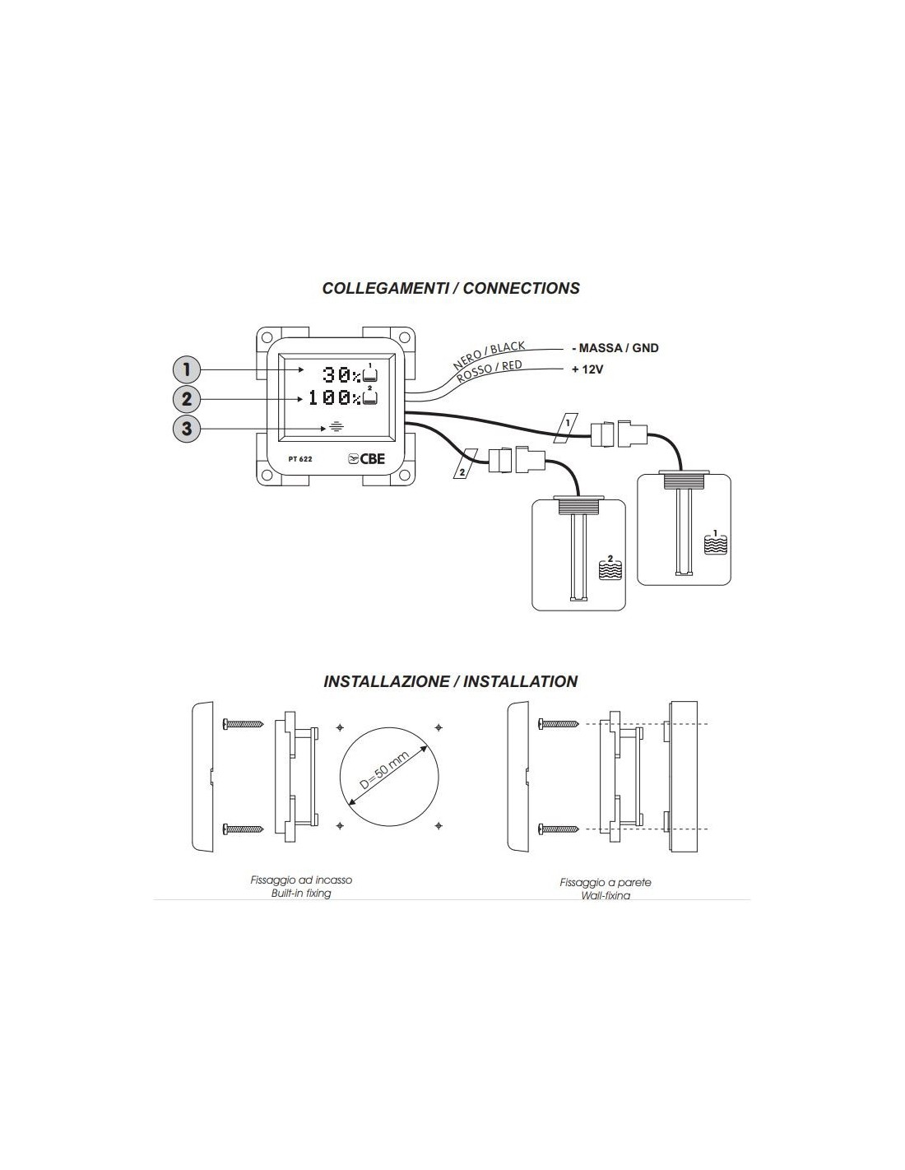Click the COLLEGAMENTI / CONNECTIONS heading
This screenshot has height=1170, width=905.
point(451,288)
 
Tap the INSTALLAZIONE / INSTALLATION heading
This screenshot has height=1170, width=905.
point(451,681)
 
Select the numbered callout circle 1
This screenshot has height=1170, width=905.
point(188,369)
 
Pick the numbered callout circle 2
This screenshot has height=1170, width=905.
point(188,399)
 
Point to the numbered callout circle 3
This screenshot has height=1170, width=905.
point(188,429)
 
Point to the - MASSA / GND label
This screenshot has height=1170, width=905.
point(615,348)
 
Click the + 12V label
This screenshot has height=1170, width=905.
point(587,369)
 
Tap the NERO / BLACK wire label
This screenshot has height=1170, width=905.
point(489,355)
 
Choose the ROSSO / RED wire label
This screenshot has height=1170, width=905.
point(490,373)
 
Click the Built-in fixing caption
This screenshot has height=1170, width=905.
point(301,893)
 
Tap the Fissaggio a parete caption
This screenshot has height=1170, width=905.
point(606,882)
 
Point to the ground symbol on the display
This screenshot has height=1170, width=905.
point(335,428)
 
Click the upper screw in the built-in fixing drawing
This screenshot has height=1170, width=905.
point(243,724)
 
